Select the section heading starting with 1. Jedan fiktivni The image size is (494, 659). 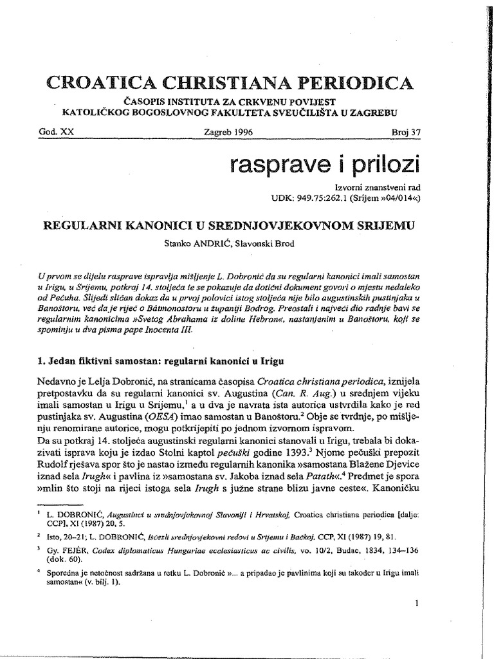[x=160, y=361]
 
